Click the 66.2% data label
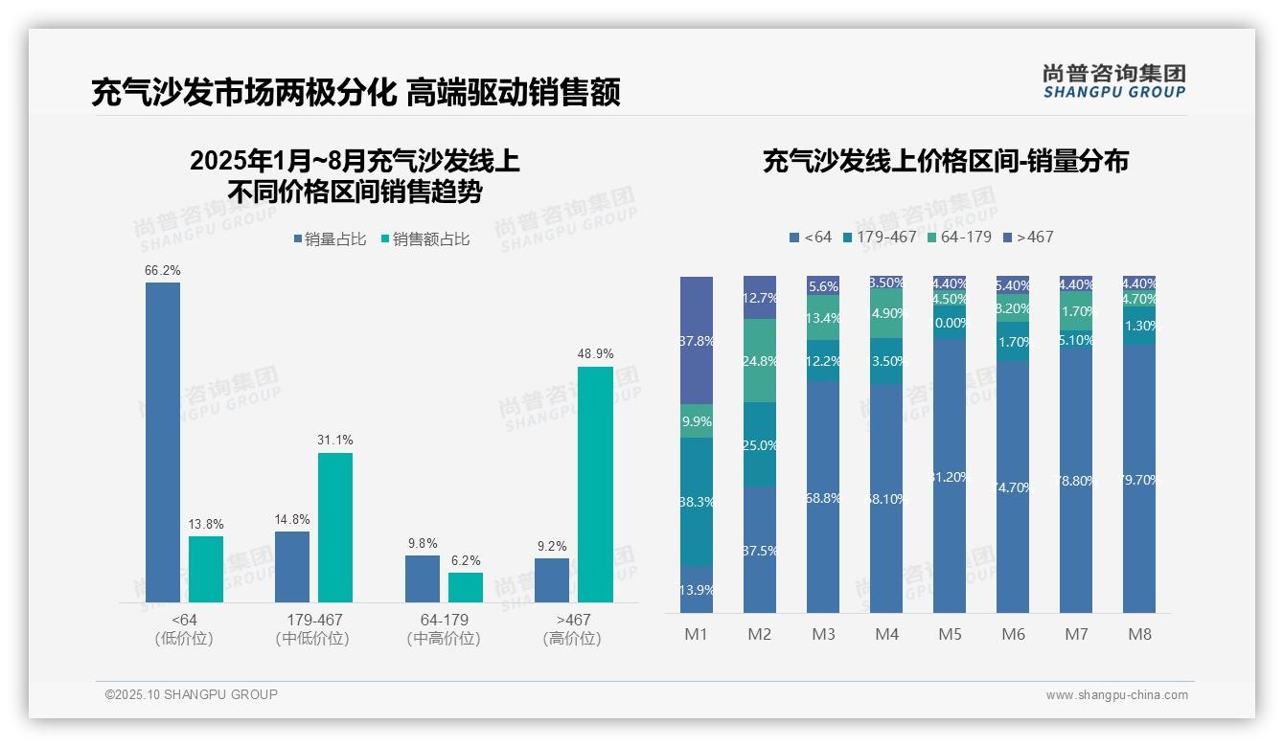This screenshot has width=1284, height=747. [x=162, y=271]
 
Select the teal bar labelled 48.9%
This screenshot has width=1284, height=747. [x=595, y=484]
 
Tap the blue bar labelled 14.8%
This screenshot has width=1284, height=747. [x=292, y=566]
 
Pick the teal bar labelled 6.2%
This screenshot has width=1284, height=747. [x=466, y=587]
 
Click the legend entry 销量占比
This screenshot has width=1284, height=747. [x=329, y=239]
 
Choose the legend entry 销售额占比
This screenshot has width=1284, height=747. [x=426, y=239]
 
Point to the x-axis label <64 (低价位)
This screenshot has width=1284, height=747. [x=183, y=629]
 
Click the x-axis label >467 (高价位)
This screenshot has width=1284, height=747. [x=572, y=629]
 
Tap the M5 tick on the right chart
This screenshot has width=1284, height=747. [x=950, y=634]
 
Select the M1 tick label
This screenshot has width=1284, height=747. [x=696, y=634]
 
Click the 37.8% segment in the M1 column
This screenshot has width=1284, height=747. [x=697, y=341]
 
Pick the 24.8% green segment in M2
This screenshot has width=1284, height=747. [x=760, y=361]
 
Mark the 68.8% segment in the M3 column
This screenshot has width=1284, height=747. [x=823, y=498]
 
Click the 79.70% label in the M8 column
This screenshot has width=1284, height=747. [x=1139, y=480]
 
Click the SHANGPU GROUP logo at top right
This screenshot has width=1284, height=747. [x=1113, y=81]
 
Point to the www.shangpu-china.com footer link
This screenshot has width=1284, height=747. [x=1116, y=695]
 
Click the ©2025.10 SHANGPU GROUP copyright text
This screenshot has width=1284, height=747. [x=192, y=694]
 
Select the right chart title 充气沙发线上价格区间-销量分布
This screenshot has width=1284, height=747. [x=945, y=161]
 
